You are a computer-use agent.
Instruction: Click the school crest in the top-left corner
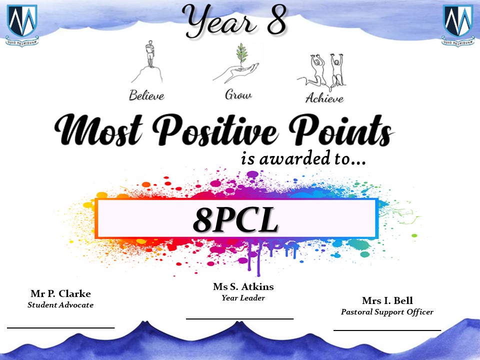coord(22,25)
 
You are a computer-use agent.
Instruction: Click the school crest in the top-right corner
coord(458,25)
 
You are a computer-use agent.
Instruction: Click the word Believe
coord(146,95)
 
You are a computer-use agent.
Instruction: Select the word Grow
coord(238,94)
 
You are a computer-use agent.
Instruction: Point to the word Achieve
coord(324,98)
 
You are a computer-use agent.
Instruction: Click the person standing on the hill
coord(149,54)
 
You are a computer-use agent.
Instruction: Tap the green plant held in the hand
coord(242,53)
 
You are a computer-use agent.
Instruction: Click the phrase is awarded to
coord(303,158)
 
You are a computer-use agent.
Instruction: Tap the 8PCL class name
coord(235,220)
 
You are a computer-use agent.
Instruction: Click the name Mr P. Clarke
coord(60,293)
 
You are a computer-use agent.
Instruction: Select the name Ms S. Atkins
coord(243,286)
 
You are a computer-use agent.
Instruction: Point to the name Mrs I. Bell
coord(387,300)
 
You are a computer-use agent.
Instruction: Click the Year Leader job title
coord(243,298)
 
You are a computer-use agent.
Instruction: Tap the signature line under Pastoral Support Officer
coord(387,330)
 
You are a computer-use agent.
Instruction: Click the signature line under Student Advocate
coord(60,328)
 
